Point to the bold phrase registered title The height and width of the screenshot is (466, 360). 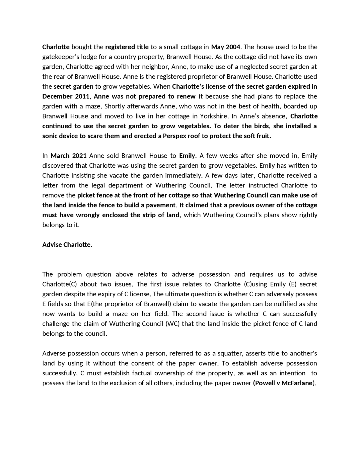127,47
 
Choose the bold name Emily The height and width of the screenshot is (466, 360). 187,156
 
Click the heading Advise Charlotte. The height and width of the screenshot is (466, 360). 67,245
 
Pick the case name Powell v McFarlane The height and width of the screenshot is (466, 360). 284,383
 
